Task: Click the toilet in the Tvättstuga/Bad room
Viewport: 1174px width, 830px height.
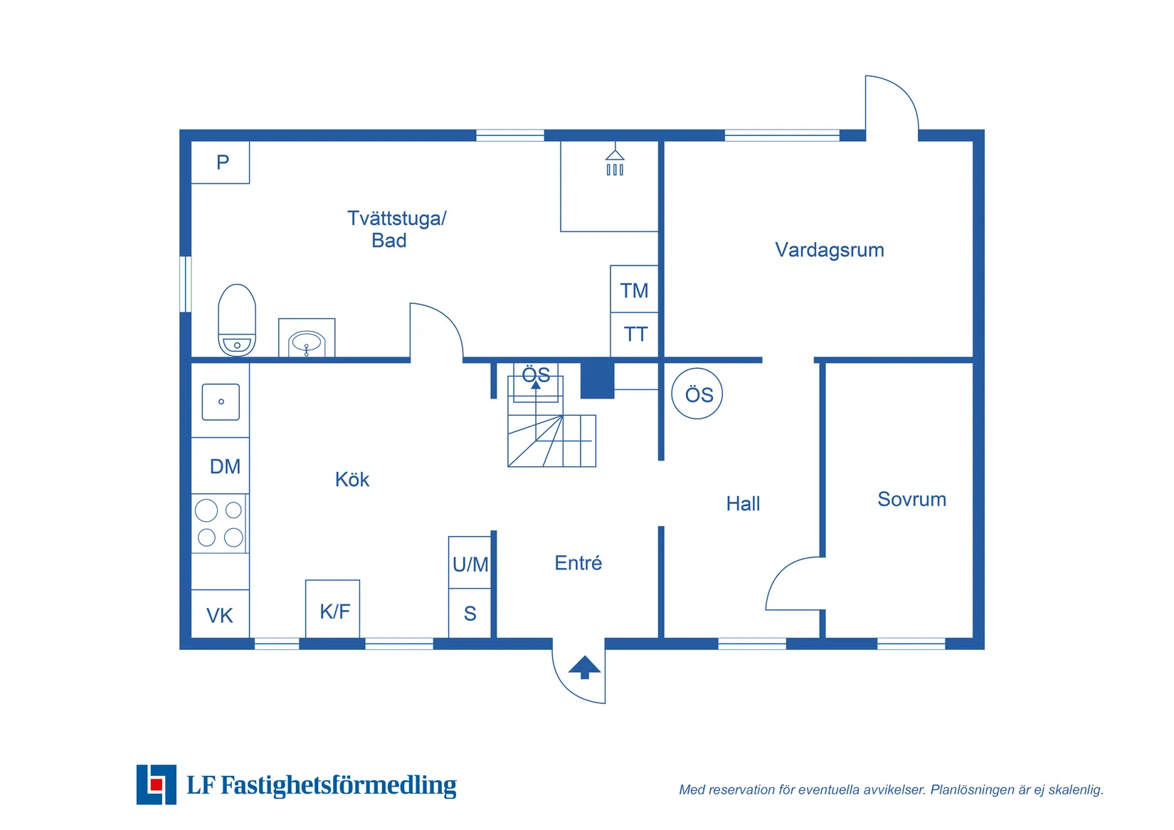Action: click(237, 320)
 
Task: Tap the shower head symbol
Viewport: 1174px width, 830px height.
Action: click(615, 162)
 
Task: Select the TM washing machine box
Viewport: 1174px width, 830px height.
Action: click(634, 289)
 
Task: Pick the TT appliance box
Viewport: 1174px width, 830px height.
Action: click(634, 335)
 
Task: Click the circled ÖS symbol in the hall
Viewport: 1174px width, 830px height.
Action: click(697, 394)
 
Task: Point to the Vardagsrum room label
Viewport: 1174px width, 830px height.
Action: click(830, 250)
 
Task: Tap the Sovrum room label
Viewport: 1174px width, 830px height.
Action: click(912, 499)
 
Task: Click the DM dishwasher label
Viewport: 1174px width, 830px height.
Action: click(226, 466)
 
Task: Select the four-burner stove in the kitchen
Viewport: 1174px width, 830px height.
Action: click(220, 523)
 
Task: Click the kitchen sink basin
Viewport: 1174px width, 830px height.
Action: click(221, 402)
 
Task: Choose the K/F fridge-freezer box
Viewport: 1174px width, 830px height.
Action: click(333, 609)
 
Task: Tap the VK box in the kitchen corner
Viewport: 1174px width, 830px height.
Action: click(220, 614)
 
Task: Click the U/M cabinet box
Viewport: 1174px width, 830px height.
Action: click(470, 562)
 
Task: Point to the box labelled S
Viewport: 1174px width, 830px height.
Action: click(470, 613)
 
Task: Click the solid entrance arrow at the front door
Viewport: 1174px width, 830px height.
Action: click(584, 668)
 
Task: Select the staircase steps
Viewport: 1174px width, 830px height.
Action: click(552, 441)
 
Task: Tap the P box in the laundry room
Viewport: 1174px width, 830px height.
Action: click(220, 162)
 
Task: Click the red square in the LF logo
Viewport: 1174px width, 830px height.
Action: click(157, 784)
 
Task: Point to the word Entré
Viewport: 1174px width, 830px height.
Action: click(578, 563)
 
